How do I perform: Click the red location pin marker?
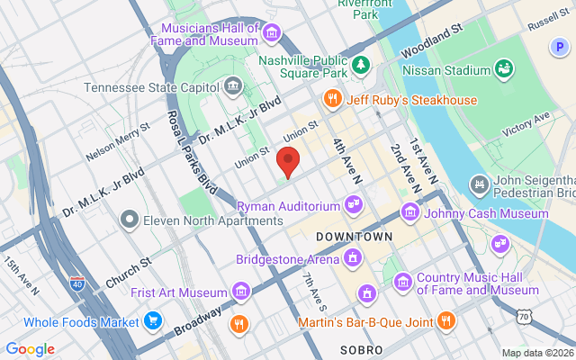coord(287,161)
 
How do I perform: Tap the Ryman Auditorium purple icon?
coord(354,206)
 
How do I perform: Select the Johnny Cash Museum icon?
coord(410,212)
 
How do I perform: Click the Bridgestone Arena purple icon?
coord(354,259)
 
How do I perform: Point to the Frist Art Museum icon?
coord(240,292)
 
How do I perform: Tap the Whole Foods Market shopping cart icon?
coord(153,321)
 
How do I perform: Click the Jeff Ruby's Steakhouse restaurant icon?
coord(332,99)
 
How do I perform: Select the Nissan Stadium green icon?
coord(504,69)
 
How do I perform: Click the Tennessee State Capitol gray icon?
coord(234,87)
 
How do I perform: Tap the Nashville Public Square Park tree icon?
coord(361,64)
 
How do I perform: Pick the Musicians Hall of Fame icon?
coord(272,34)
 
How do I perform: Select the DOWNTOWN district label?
coord(355,236)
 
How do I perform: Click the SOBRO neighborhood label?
coord(363,348)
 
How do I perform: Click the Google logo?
coord(30,349)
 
